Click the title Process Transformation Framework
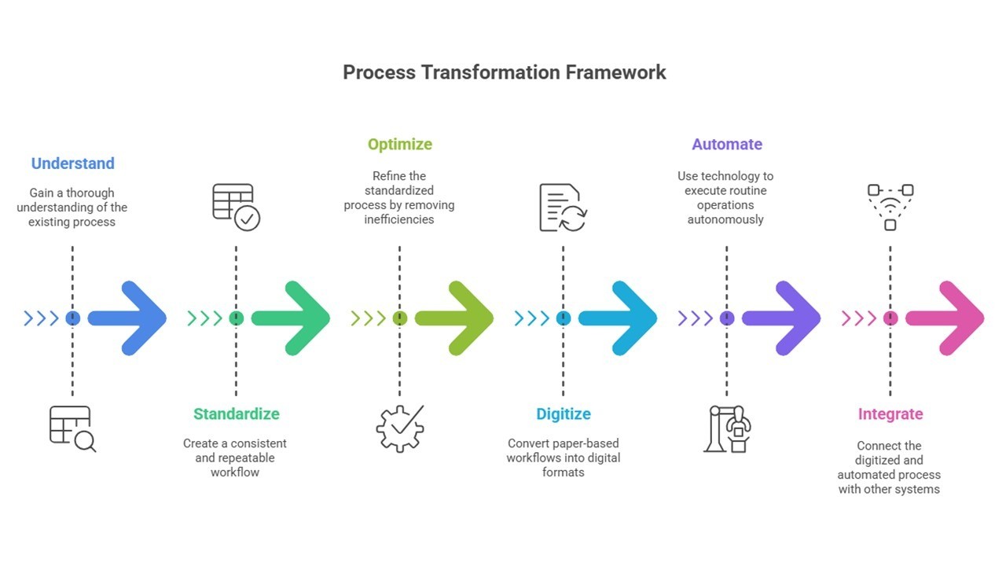pos(504,72)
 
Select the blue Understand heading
pos(72,164)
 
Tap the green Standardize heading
pos(236,414)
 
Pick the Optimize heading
pos(399,145)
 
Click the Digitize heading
pos(563,414)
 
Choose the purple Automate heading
pos(726,145)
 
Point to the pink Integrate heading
pos(890,414)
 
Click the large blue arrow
pos(130,318)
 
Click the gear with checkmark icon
pos(400,428)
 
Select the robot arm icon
pos(727,428)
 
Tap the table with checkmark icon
pos(236,207)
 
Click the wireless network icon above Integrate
pos(890,207)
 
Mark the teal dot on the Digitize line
pos(563,318)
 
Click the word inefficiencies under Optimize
pos(399,219)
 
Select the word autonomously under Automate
pos(725,219)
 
